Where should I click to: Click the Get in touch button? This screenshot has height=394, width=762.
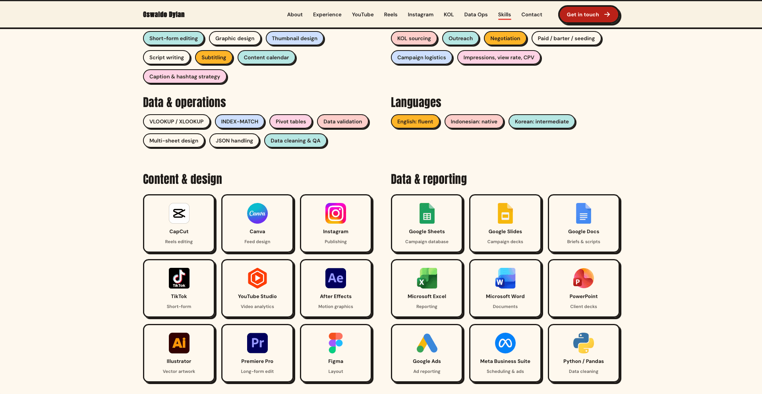click(588, 15)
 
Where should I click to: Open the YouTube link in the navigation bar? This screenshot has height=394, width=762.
click(363, 15)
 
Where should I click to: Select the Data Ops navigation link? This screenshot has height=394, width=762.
click(476, 15)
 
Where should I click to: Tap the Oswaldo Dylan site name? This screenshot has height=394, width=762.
click(164, 15)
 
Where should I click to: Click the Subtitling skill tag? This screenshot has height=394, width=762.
click(214, 57)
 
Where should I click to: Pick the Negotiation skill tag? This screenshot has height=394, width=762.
click(505, 38)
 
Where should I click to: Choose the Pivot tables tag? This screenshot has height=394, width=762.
click(291, 121)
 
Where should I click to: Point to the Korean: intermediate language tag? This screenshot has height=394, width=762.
click(542, 121)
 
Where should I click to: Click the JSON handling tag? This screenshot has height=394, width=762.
click(234, 140)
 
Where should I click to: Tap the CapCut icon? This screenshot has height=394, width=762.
click(179, 213)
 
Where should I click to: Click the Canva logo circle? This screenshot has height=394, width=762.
click(257, 213)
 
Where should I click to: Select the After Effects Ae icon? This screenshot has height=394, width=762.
click(336, 278)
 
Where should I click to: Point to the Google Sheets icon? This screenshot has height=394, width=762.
click(427, 213)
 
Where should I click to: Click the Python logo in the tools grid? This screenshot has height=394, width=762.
click(584, 343)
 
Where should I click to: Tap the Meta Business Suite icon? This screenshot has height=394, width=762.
click(505, 343)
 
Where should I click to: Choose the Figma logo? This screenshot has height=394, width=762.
click(336, 343)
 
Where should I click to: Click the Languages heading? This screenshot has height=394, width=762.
click(416, 102)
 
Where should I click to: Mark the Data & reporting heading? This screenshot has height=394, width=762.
click(429, 179)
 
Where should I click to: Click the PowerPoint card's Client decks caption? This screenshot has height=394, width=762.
click(584, 306)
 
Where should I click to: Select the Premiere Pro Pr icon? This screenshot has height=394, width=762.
click(257, 343)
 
